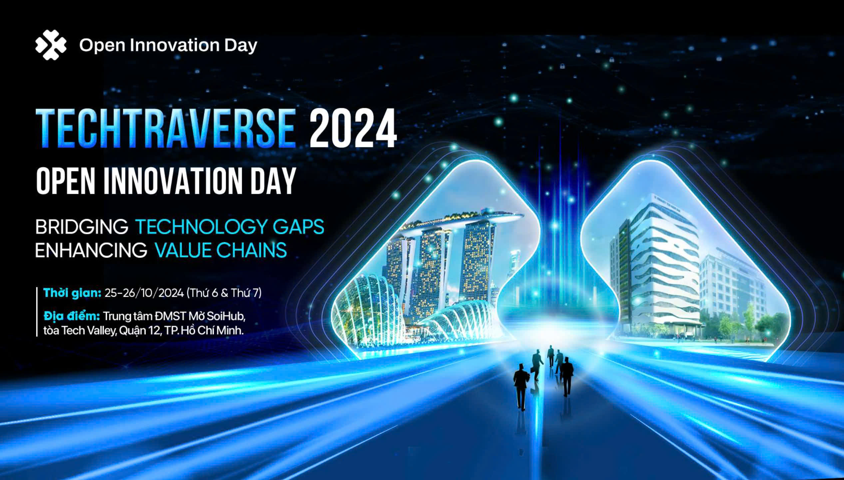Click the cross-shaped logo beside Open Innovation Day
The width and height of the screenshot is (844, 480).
point(51,45)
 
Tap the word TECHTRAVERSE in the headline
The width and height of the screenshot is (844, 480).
point(166,128)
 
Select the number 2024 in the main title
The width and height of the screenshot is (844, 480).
point(353,128)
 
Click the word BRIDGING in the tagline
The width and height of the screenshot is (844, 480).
point(82,227)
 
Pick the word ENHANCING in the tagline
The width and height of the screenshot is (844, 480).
point(91,250)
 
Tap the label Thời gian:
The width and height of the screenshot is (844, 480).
point(72,293)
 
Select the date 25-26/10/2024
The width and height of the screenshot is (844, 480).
point(144,293)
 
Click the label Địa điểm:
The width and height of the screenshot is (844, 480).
point(72,316)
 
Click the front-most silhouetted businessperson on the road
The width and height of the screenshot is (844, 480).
point(521,386)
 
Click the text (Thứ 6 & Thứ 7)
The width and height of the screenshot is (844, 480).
point(224,293)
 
